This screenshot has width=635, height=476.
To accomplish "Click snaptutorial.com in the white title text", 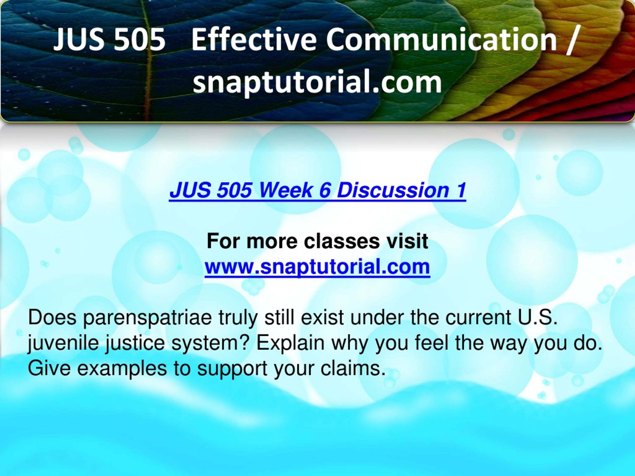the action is coord(317,83).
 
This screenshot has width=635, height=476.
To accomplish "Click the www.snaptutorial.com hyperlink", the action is coord(317,267).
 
